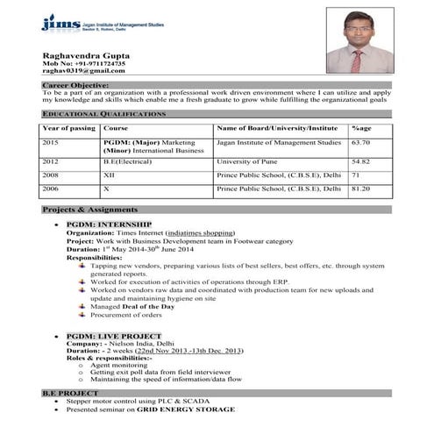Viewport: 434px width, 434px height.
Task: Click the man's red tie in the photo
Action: coord(357,60)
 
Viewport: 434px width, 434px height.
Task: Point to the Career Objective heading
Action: coord(75,84)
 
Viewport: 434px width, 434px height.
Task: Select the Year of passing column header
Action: coord(69,128)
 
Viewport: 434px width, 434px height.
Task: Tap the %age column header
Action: coord(361,128)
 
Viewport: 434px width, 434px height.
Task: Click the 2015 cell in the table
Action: coord(50,142)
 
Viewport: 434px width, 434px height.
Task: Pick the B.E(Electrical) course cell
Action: coord(131,161)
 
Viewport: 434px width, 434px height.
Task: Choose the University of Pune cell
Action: coord(247,161)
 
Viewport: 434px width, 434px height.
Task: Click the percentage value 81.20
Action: coord(360,188)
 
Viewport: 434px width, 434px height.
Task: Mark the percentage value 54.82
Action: coord(360,161)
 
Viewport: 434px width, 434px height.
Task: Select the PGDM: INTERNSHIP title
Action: coord(109,224)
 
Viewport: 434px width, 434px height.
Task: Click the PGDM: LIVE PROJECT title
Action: coord(113,337)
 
